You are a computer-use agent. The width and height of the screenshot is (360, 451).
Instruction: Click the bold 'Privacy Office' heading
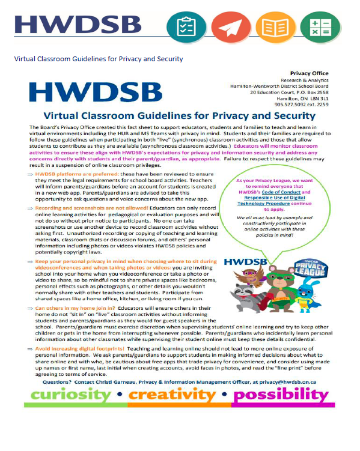309,73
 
